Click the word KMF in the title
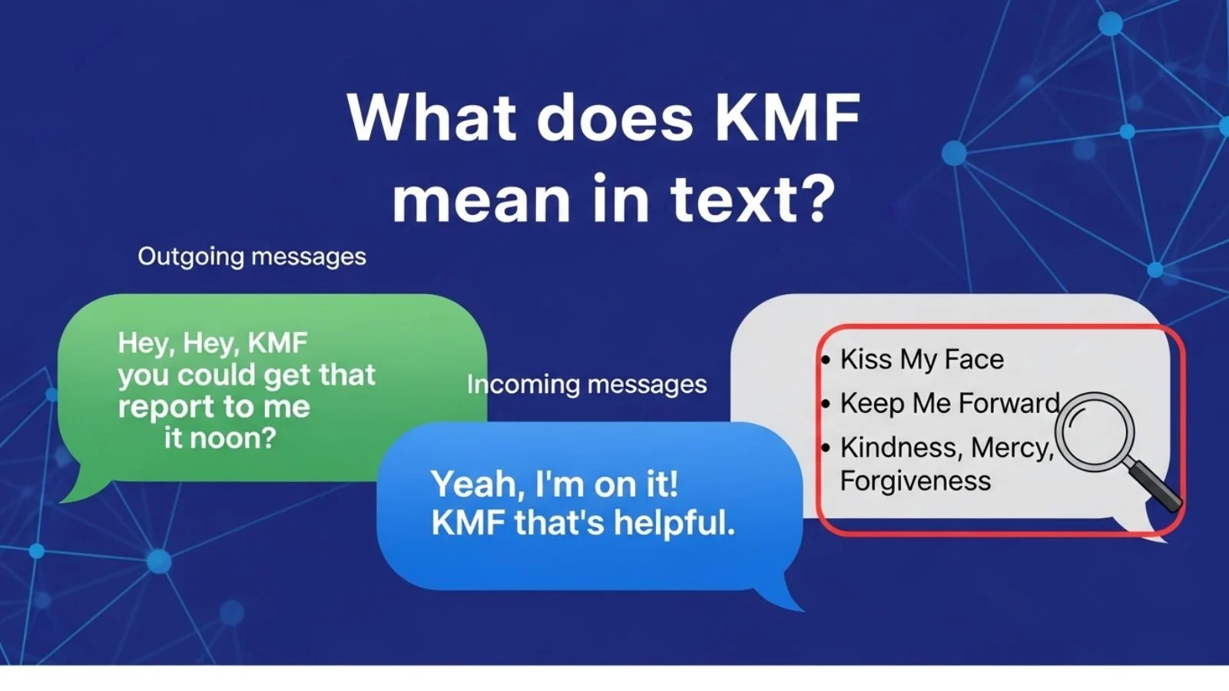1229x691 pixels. pyautogui.click(x=787, y=117)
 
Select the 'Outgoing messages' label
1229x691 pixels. pyautogui.click(x=252, y=256)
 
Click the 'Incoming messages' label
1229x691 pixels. pyautogui.click(x=587, y=384)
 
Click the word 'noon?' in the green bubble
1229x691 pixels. pyautogui.click(x=237, y=438)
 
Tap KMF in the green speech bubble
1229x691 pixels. pyautogui.click(x=277, y=343)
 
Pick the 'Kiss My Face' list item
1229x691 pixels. pyautogui.click(x=922, y=359)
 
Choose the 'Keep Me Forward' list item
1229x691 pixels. pyautogui.click(x=949, y=403)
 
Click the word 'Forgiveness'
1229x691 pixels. pyautogui.click(x=916, y=481)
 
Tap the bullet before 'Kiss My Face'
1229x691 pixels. pyautogui.click(x=826, y=359)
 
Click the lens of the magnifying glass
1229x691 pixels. pyautogui.click(x=1095, y=431)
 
